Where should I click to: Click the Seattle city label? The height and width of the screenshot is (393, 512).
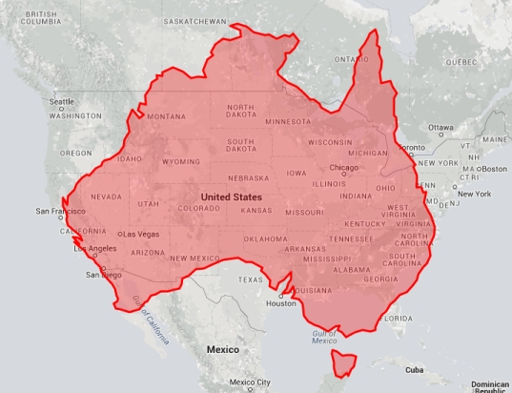coord(62,102)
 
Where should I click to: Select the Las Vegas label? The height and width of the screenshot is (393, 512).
coord(139,234)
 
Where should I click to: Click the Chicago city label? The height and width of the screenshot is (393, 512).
coord(343,168)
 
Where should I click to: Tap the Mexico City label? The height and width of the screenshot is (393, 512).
coord(250,383)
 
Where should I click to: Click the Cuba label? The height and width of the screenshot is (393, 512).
coord(414,369)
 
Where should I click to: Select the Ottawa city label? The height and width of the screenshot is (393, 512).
coord(440,127)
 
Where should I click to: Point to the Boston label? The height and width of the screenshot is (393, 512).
coord(492,169)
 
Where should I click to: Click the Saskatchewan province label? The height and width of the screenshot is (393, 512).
coord(195,20)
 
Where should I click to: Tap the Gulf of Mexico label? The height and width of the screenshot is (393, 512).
coord(324,337)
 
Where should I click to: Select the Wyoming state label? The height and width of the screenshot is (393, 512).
coord(181,162)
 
